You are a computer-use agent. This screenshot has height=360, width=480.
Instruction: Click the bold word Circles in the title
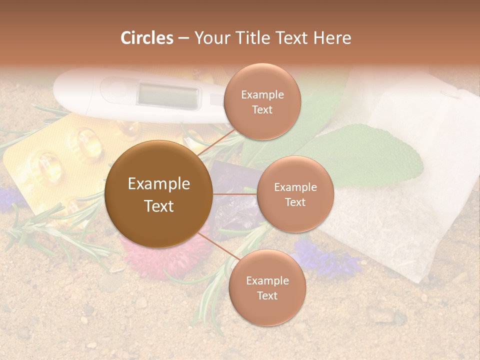(x=147, y=38)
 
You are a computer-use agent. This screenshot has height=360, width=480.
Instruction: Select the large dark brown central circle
(x=158, y=194)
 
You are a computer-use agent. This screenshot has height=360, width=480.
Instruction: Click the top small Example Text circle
(x=262, y=101)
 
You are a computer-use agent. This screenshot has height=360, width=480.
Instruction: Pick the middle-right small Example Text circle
(x=295, y=194)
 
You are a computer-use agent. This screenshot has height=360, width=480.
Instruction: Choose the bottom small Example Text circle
(x=267, y=287)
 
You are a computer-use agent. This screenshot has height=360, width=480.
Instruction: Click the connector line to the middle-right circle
(x=234, y=193)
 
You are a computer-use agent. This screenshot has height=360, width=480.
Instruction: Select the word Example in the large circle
(x=158, y=184)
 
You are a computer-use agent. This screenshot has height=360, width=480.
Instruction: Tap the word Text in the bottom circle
(x=267, y=295)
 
